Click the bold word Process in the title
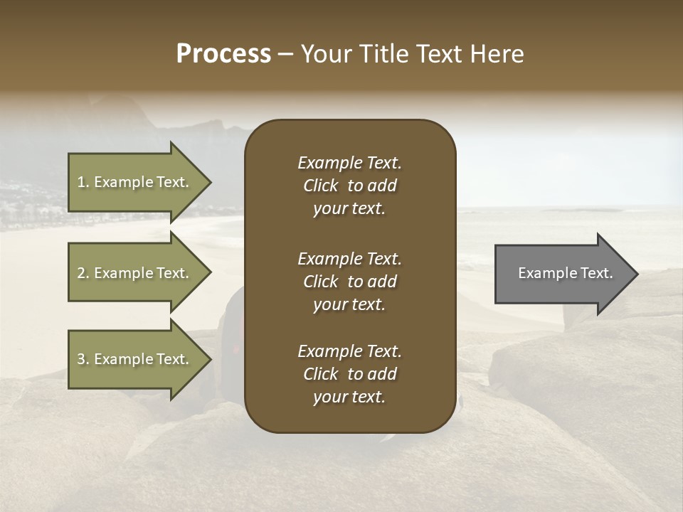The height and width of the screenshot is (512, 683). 223,54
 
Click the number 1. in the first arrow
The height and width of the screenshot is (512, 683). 83,182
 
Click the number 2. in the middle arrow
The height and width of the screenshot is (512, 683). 83,273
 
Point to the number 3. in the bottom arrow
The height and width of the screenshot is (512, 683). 83,359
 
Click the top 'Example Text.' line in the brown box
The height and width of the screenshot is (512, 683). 349,163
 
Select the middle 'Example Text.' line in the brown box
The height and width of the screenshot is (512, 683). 349,259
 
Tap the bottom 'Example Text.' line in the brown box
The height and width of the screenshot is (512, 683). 349,351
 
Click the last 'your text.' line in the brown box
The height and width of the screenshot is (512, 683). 349,398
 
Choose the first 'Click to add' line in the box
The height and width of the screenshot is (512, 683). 349,186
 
